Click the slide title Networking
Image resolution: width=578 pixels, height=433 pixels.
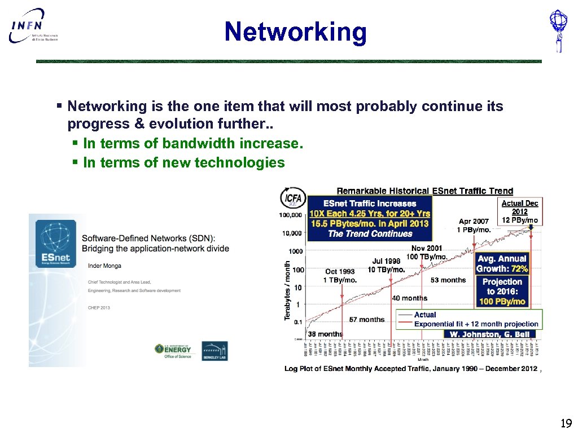[295, 32]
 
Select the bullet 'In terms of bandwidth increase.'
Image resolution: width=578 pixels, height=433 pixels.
[192, 143]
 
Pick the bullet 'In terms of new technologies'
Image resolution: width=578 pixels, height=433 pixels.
[183, 162]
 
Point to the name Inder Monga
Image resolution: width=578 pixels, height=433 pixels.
[104, 266]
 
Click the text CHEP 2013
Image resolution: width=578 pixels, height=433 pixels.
[99, 308]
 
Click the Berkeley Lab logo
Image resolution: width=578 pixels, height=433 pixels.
[214, 351]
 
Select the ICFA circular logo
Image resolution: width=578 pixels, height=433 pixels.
[293, 199]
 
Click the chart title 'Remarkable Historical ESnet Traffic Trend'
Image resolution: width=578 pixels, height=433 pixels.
[424, 191]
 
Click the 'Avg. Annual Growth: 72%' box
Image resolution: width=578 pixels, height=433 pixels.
[502, 264]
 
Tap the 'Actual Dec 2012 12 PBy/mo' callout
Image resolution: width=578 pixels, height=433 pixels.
[520, 211]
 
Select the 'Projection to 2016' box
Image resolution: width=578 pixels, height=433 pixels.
[502, 291]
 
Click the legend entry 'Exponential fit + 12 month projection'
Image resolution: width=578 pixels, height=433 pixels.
[476, 324]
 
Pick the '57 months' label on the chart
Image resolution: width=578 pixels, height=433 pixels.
[366, 320]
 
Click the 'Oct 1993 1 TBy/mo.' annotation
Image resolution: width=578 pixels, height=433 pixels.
[340, 276]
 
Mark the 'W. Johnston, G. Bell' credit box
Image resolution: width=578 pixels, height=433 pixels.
[489, 334]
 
